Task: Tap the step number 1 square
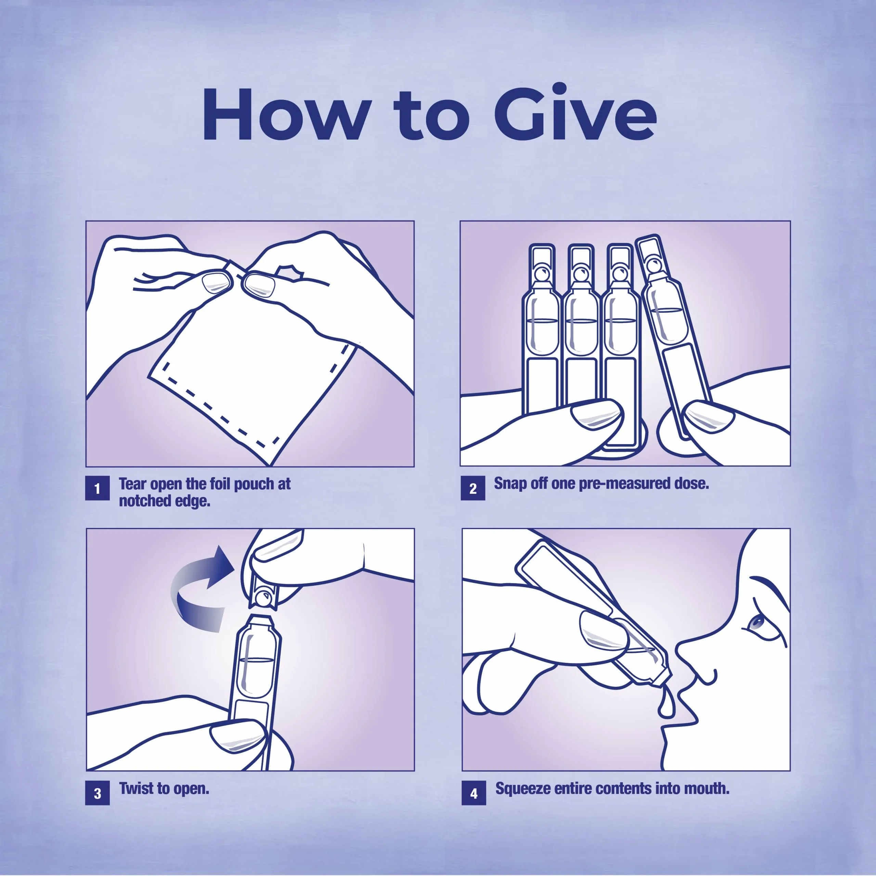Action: pyautogui.click(x=98, y=488)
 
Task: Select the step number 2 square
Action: pyautogui.click(x=473, y=488)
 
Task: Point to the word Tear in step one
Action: pyautogui.click(x=133, y=484)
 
